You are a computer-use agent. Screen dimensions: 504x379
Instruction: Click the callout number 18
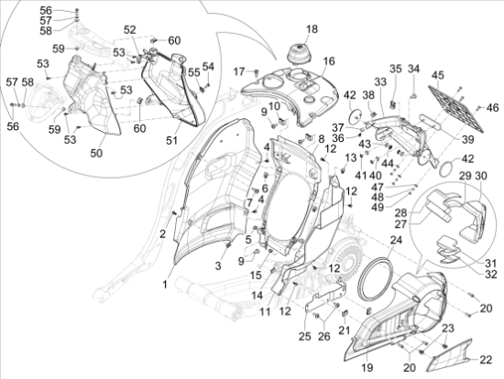click(x=312, y=29)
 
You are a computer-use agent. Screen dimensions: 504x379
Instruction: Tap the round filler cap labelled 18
click(x=300, y=55)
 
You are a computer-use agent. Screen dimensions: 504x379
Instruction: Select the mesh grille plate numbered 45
click(x=455, y=108)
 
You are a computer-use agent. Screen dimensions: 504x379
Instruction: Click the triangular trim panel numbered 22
click(x=450, y=356)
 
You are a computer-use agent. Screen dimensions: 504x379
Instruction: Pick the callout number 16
click(x=329, y=61)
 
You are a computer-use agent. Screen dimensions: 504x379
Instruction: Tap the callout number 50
click(x=96, y=153)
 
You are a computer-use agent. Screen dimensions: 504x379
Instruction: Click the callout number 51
click(x=171, y=140)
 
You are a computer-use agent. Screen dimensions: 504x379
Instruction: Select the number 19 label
click(x=367, y=367)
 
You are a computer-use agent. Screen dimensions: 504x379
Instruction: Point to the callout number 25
click(x=305, y=336)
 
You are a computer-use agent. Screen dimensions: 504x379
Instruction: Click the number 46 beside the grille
click(x=492, y=108)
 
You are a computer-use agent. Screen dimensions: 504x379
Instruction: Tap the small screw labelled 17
click(x=257, y=72)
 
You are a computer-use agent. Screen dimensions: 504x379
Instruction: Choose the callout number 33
click(x=380, y=81)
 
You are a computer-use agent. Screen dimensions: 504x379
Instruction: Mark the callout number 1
click(x=165, y=285)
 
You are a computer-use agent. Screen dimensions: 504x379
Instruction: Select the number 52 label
click(x=130, y=29)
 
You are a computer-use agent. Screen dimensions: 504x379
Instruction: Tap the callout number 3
click(x=218, y=266)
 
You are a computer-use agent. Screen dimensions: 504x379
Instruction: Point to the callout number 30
click(x=481, y=176)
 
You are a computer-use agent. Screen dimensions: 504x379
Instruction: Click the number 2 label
click(x=162, y=234)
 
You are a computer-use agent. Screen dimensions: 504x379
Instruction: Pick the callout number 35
click(x=396, y=69)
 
